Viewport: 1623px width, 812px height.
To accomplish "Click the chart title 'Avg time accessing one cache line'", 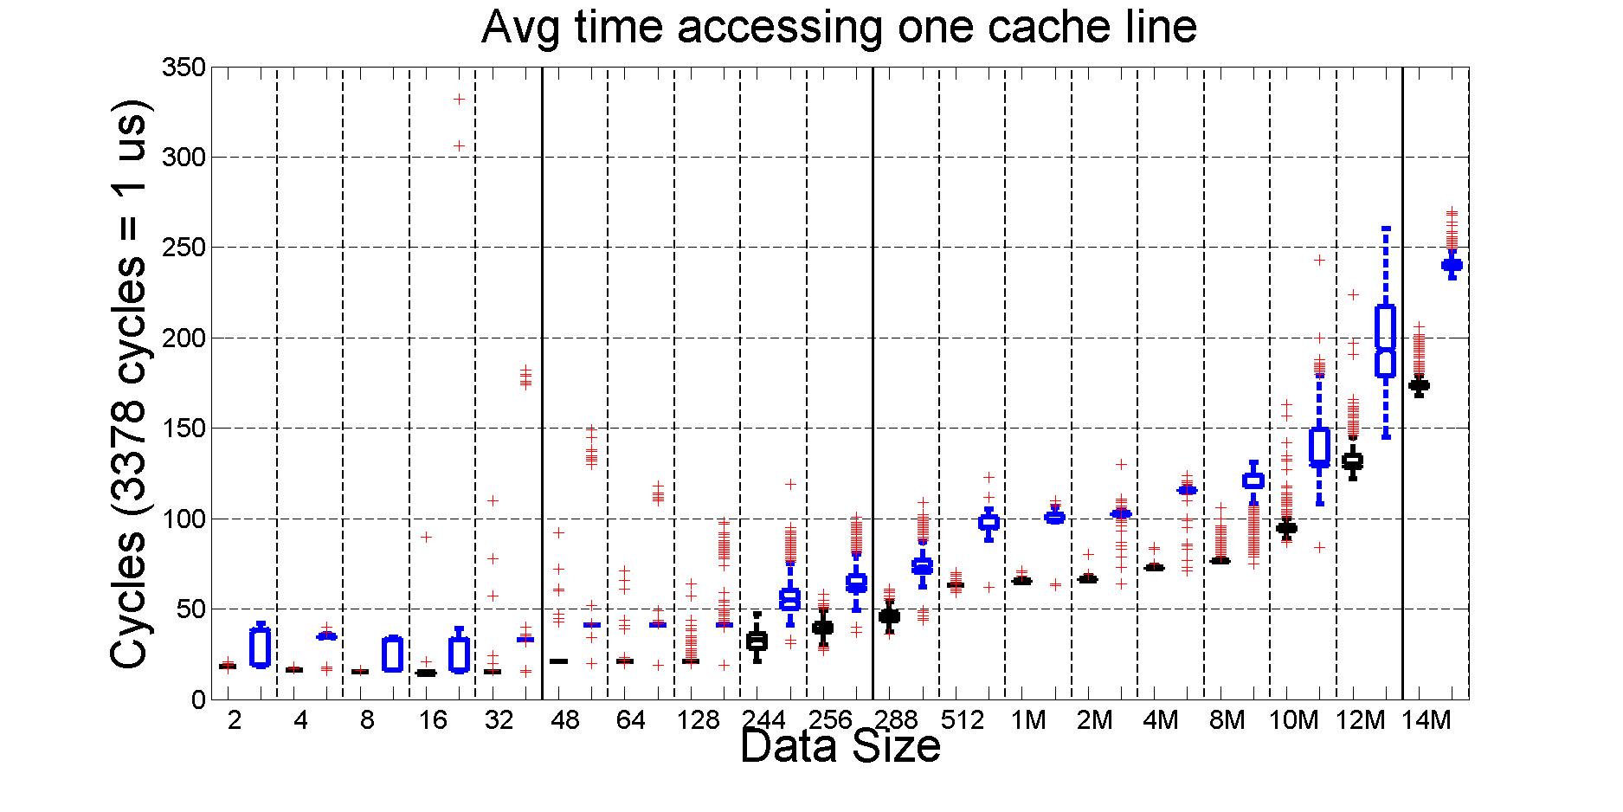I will pyautogui.click(x=838, y=28).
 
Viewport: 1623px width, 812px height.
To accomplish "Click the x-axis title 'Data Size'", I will pyautogui.click(x=840, y=746).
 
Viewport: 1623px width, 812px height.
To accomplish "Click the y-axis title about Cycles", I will pyautogui.click(x=132, y=383).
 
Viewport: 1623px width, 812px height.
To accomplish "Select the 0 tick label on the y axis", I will pyautogui.click(x=196, y=699).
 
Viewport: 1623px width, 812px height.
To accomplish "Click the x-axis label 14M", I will pyautogui.click(x=1426, y=720).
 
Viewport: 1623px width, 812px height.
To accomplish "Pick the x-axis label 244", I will pyautogui.click(x=764, y=720).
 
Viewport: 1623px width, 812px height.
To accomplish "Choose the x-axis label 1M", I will pyautogui.click(x=1028, y=720).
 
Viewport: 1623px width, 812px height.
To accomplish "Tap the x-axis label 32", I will pyautogui.click(x=499, y=720).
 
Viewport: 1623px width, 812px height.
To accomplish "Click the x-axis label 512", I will pyautogui.click(x=963, y=720).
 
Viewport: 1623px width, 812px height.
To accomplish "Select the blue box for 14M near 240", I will pyautogui.click(x=1452, y=265).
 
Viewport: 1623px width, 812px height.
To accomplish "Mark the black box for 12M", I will pyautogui.click(x=1352, y=461).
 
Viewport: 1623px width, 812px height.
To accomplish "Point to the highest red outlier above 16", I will pyautogui.click(x=460, y=100).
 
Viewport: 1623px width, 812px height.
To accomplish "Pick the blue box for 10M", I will pyautogui.click(x=1319, y=447).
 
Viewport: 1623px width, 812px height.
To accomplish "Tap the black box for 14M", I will pyautogui.click(x=1419, y=385).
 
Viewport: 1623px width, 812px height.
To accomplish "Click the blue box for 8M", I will pyautogui.click(x=1253, y=480).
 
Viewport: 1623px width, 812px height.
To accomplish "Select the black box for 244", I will pyautogui.click(x=757, y=641).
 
